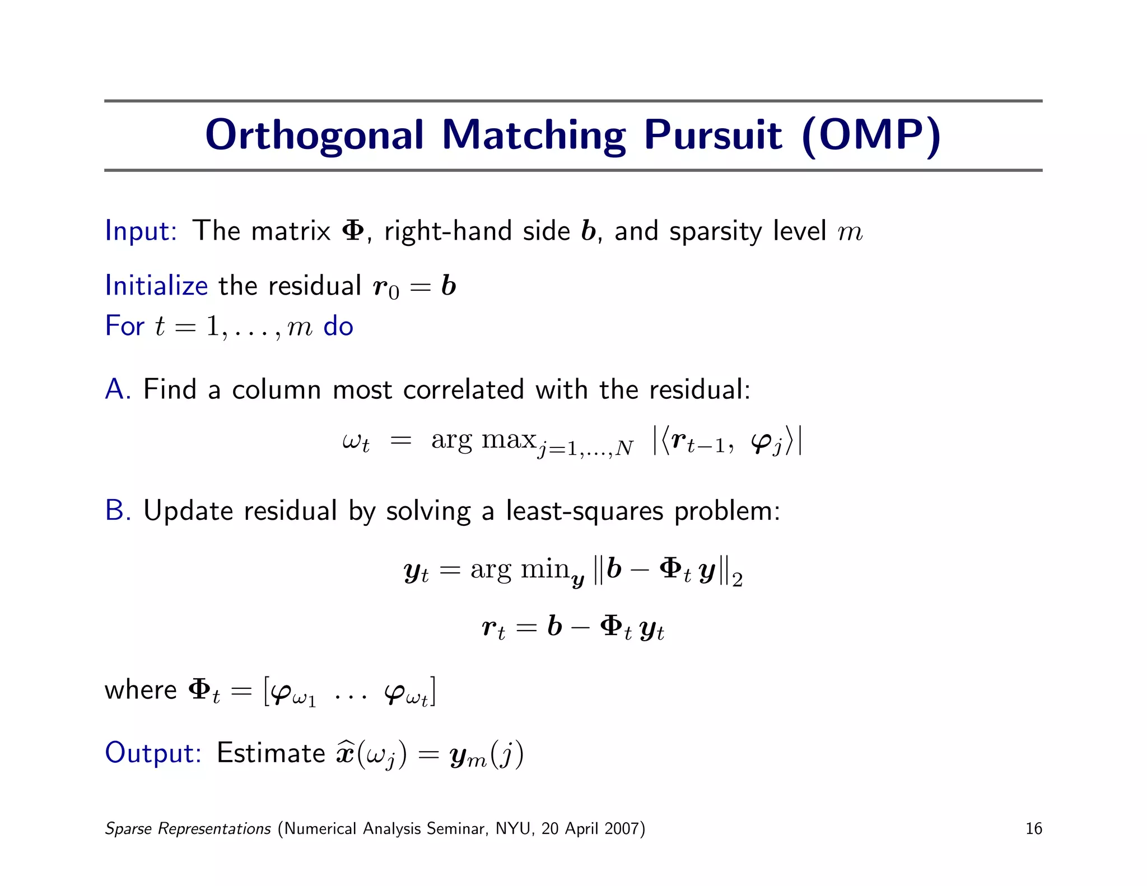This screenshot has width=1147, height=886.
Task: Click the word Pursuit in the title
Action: pyautogui.click(x=712, y=136)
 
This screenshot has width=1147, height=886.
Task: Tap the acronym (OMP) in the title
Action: pyautogui.click(x=871, y=136)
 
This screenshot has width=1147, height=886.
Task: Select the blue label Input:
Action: pyautogui.click(x=141, y=231)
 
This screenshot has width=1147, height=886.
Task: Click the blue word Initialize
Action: pyautogui.click(x=156, y=286)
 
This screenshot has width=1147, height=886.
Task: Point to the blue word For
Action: pyautogui.click(x=124, y=326)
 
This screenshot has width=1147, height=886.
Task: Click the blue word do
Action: pyautogui.click(x=338, y=326)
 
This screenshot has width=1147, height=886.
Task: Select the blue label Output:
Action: pyautogui.click(x=153, y=753)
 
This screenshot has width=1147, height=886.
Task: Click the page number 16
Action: pyautogui.click(x=1033, y=828)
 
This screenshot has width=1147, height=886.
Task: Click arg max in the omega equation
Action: pyautogui.click(x=484, y=440)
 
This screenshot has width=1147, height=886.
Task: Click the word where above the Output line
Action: pyautogui.click(x=141, y=690)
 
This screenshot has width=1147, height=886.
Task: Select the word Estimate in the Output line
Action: pyautogui.click(x=271, y=753)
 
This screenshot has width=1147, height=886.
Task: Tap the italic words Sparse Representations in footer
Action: pyautogui.click(x=188, y=828)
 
